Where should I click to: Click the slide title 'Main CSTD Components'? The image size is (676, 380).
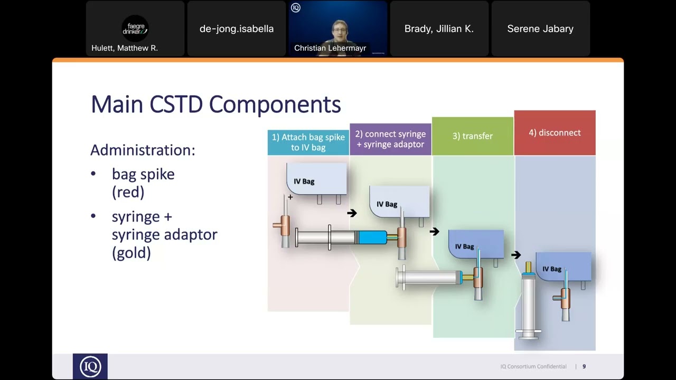point(215,104)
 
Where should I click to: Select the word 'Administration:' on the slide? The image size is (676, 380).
point(143,150)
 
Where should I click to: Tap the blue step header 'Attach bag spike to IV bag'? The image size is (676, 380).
point(308,142)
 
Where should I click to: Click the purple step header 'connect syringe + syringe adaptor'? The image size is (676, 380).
point(390,139)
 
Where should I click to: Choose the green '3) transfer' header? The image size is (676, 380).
point(472,136)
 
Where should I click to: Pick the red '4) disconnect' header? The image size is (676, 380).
point(555,133)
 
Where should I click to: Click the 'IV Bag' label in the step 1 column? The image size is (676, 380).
point(304,182)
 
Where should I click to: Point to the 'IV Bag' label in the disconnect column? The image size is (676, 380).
point(552,269)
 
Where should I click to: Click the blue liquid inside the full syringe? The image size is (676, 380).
point(373,237)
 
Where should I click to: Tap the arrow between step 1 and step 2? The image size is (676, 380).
point(352,213)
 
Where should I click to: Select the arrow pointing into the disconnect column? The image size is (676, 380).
point(516,255)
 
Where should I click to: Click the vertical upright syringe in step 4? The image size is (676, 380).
point(529,303)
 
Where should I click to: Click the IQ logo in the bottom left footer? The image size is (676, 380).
point(90,366)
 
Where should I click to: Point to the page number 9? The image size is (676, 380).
point(584,366)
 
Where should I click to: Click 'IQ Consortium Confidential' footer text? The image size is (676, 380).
point(533,366)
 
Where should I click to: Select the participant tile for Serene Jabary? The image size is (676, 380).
point(540,29)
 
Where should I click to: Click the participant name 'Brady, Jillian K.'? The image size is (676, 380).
point(439,29)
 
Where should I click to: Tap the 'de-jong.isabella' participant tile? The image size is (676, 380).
point(237,29)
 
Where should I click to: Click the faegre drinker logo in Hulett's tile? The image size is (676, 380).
point(135,28)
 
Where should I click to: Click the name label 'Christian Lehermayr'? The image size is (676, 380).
point(330,48)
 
